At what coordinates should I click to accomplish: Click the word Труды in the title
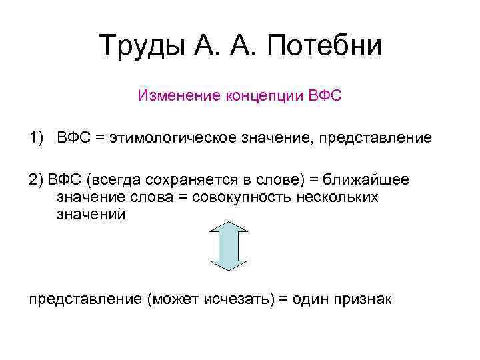[141, 46]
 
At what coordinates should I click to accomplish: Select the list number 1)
[37, 138]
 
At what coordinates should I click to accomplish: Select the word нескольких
[335, 197]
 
